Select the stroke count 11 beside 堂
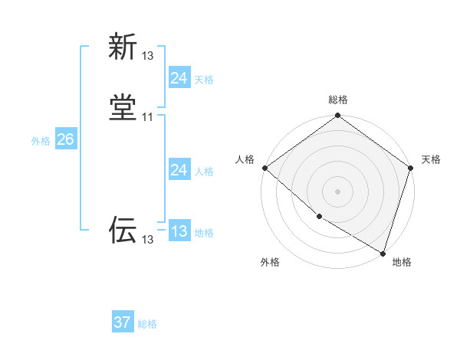[148, 117]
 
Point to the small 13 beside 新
[148, 56]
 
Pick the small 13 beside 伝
[148, 240]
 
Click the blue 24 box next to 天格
[179, 78]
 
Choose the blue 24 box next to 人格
[179, 170]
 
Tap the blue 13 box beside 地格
[179, 231]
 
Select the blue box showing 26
[65, 139]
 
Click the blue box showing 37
[122, 322]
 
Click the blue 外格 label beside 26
[41, 141]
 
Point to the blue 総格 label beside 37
[147, 324]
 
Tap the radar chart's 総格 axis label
[338, 100]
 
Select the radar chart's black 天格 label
[431, 159]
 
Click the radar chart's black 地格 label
[402, 263]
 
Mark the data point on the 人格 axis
[264, 168]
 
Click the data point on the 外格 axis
[319, 217]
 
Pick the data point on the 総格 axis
[338, 116]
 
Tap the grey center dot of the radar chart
[338, 191]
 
